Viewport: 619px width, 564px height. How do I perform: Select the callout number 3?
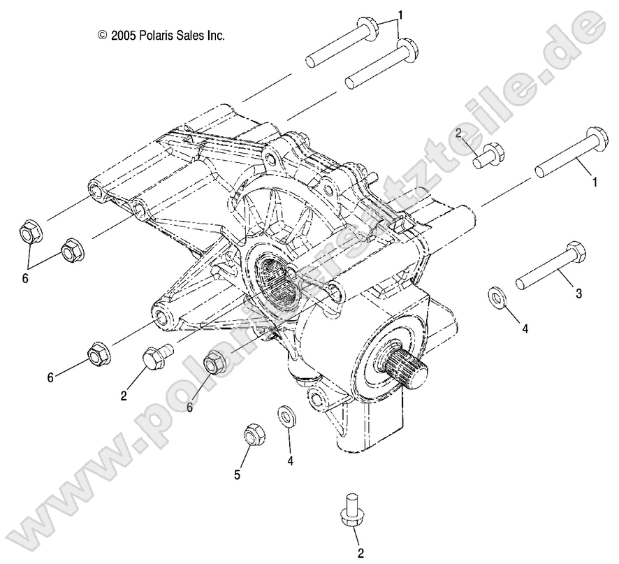pyautogui.click(x=578, y=294)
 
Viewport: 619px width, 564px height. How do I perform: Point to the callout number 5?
pyautogui.click(x=238, y=475)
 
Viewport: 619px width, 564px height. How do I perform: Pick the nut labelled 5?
pyautogui.click(x=252, y=435)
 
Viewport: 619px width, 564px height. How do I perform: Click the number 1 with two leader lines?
pyautogui.click(x=402, y=14)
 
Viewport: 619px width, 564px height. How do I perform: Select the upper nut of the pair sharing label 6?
pyautogui.click(x=29, y=231)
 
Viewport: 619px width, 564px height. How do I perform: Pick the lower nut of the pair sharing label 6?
pyautogui.click(x=71, y=250)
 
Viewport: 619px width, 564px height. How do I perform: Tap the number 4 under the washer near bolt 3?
pyautogui.click(x=524, y=328)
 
